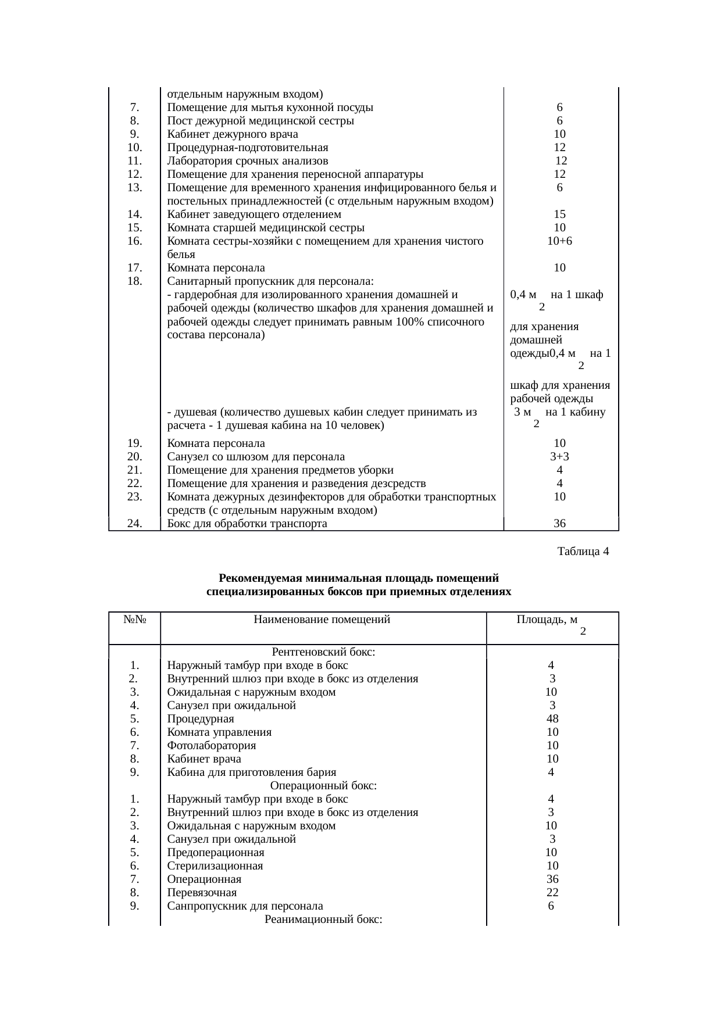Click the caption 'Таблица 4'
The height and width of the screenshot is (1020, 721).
click(583, 551)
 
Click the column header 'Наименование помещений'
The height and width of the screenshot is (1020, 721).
click(322, 620)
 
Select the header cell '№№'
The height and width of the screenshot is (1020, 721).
click(134, 620)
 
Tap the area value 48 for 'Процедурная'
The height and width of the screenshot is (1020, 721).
click(552, 719)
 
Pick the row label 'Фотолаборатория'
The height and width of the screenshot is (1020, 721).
click(211, 746)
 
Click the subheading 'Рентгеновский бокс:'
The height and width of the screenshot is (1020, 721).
click(323, 652)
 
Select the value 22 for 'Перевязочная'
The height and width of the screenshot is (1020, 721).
click(552, 893)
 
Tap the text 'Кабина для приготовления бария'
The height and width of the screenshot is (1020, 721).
click(251, 772)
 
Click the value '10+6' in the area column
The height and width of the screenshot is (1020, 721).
click(559, 241)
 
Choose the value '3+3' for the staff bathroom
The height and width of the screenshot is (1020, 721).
click(559, 457)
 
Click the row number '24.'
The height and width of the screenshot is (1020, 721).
click(135, 524)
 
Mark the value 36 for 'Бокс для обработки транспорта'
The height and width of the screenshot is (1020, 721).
click(559, 524)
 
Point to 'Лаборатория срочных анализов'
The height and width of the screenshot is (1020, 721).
click(247, 161)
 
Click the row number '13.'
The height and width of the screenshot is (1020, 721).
click(135, 188)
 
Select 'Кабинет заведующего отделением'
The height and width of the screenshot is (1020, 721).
click(254, 214)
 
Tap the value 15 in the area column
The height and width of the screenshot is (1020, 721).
click(559, 214)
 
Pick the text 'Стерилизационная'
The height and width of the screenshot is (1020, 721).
click(215, 866)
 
